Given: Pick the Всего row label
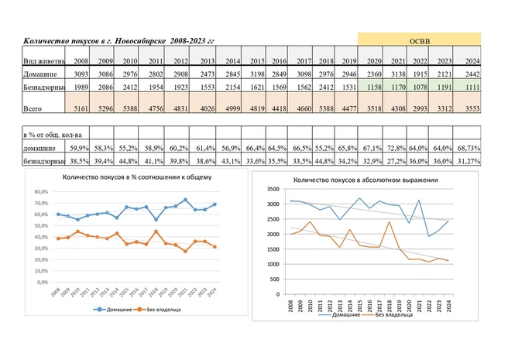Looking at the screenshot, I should (32, 111).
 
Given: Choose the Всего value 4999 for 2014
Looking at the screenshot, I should (232, 111).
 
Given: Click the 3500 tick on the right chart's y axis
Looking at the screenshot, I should (270, 189).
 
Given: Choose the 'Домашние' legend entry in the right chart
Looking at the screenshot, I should (338, 315).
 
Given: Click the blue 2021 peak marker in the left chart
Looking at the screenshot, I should (185, 201).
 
